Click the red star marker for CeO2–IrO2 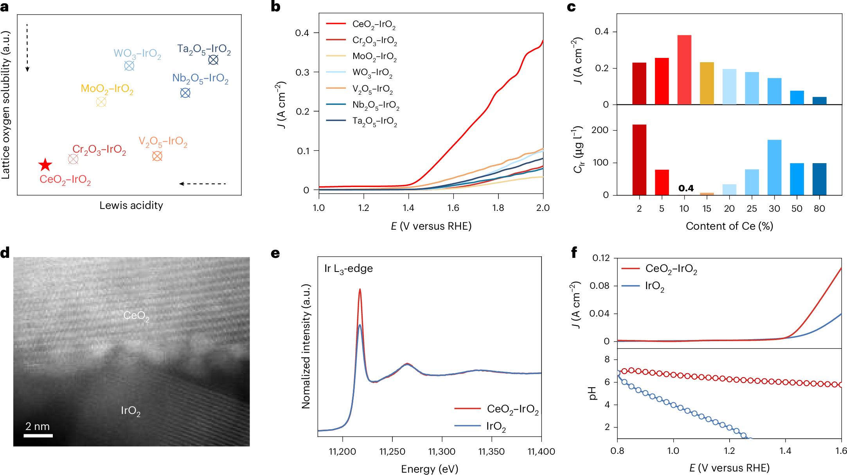tap(45, 165)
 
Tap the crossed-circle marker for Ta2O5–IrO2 tap(213, 60)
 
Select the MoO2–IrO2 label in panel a tap(107, 89)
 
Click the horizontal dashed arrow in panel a tap(202, 184)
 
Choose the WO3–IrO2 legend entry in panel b tap(372, 73)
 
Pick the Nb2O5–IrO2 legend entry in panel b tap(375, 105)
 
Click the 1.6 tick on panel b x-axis tap(453, 208)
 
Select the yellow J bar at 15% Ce tap(707, 83)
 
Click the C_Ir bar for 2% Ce tap(639, 160)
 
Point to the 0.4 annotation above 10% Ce tap(686, 188)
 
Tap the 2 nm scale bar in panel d tap(38, 435)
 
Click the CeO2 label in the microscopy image tap(136, 316)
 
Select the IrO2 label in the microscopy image tap(130, 411)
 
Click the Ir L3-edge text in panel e tap(348, 269)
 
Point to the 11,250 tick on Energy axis tap(392, 452)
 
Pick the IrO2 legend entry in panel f tap(654, 286)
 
